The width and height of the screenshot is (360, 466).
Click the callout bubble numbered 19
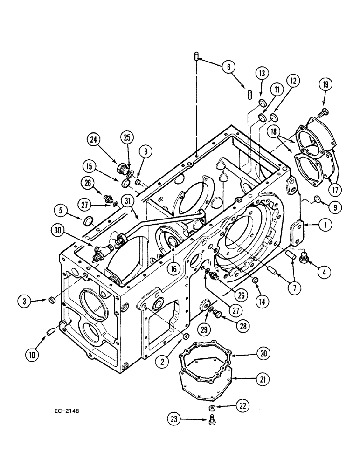(325, 85)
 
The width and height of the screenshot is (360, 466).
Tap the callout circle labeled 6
(228, 67)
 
